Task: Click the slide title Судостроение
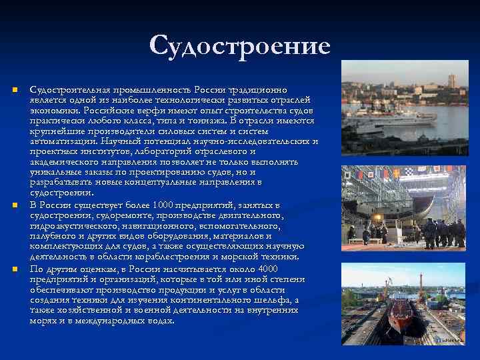240,46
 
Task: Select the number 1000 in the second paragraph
163,204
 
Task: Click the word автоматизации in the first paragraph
61,141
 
